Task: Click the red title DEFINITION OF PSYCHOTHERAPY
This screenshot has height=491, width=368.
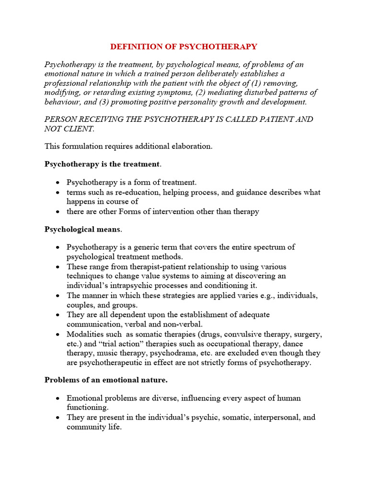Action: tap(184, 47)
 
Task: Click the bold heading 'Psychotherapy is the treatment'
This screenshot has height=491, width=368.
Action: tap(102, 164)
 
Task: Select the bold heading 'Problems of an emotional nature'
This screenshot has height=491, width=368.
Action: tap(106, 380)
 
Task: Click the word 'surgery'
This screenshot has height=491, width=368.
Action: tap(307, 334)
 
